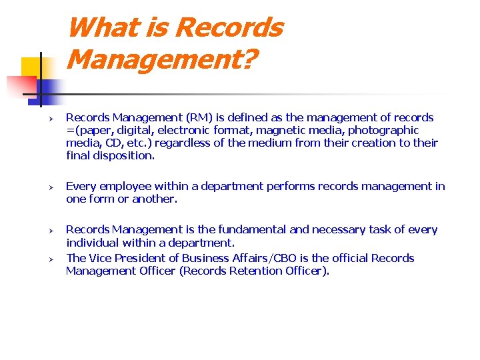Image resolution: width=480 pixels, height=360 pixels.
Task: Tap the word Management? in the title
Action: point(162,60)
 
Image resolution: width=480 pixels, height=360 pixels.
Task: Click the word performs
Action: point(292,187)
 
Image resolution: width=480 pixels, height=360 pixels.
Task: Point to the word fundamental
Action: point(254,230)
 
